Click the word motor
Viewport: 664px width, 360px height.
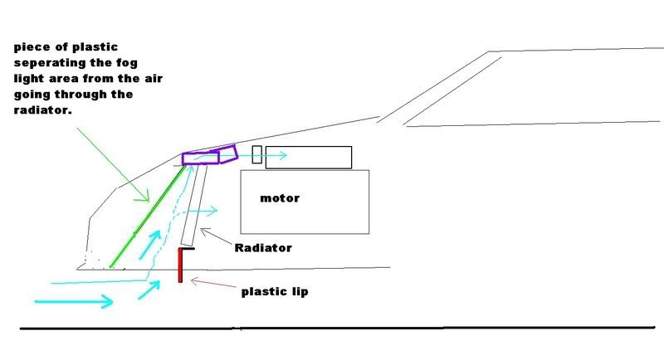pos(279,199)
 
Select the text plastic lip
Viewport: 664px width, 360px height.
pos(274,292)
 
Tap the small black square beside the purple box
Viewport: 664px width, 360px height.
pos(256,154)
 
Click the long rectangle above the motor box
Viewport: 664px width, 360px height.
pos(309,157)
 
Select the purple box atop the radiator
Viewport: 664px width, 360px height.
pos(201,158)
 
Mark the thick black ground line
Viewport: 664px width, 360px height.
pos(332,329)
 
